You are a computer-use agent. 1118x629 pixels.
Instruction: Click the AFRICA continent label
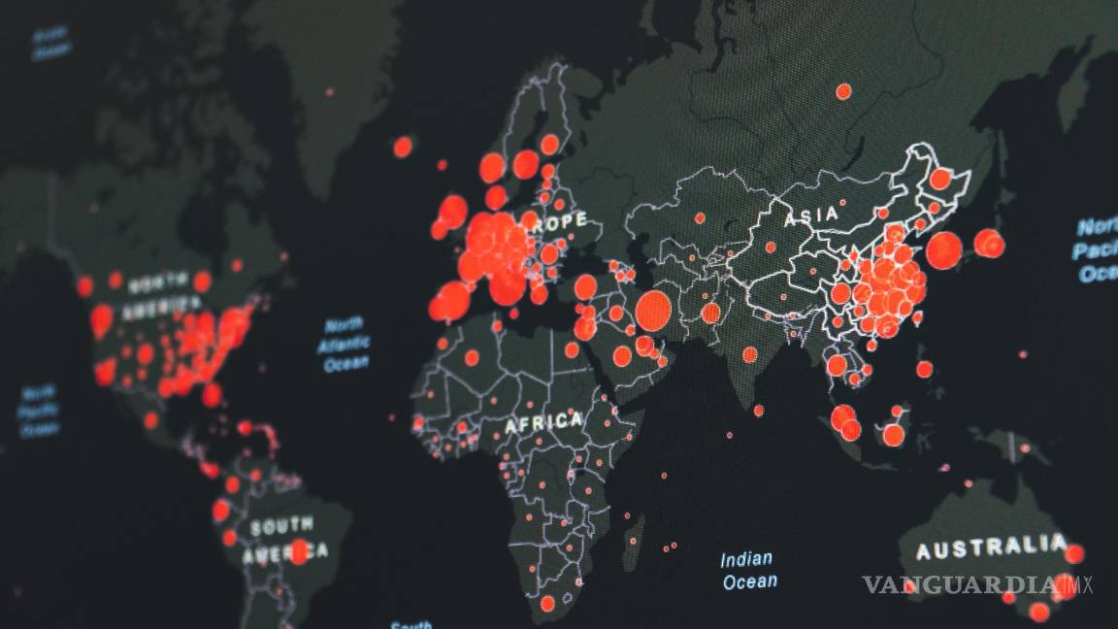point(543,422)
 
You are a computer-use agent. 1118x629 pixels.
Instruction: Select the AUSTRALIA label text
point(991,548)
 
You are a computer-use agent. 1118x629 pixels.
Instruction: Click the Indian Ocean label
point(748,570)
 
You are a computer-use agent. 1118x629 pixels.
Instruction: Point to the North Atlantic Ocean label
point(345,344)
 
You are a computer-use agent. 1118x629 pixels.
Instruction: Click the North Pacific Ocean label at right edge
point(1098,251)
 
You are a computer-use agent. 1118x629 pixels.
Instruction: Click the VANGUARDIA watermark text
point(961,584)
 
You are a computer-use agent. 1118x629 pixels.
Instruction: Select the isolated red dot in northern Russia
point(843,91)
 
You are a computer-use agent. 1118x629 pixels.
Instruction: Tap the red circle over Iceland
point(403,147)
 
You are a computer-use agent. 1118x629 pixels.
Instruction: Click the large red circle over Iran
point(653,311)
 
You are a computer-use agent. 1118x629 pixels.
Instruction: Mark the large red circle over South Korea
point(943,250)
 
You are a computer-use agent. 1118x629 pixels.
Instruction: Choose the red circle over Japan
point(989,243)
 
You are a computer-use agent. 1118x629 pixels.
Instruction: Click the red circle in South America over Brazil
point(299,551)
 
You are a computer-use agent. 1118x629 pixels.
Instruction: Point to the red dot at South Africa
point(547,604)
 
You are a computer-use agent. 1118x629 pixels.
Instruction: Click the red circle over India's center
point(749,354)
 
